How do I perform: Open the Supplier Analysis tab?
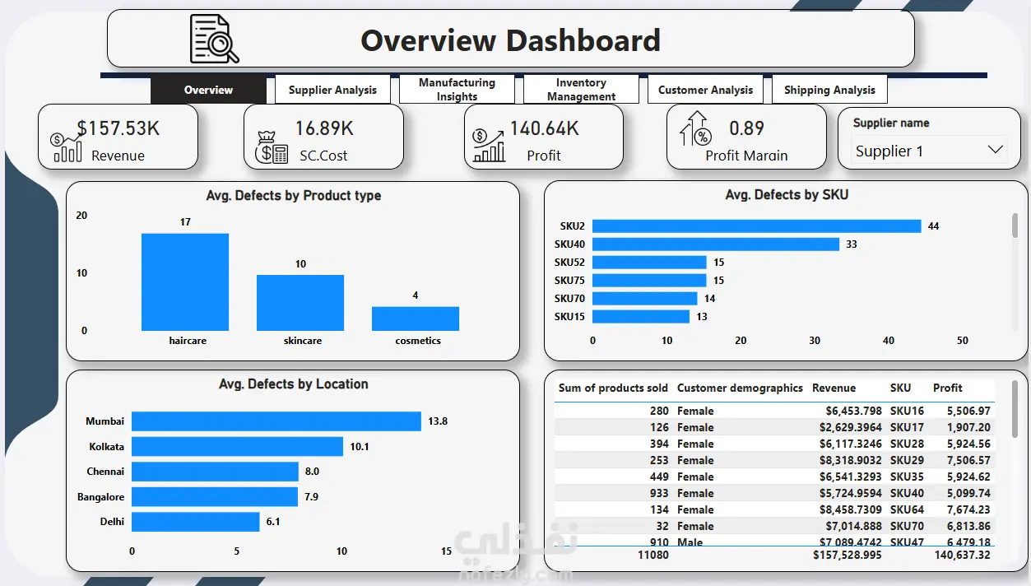tap(332, 90)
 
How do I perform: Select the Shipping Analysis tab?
tap(829, 90)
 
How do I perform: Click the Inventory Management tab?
tap(581, 90)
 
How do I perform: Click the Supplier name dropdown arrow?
tap(995, 150)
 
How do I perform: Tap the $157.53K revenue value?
tap(118, 128)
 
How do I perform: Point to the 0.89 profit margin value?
tap(746, 128)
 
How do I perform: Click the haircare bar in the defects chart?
tap(185, 281)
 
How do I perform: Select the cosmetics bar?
tap(416, 319)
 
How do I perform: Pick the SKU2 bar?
tap(757, 226)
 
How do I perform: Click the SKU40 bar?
tap(716, 244)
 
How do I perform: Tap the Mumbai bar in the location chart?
tap(276, 421)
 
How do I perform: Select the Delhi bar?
tap(196, 522)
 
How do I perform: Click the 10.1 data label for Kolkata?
tap(359, 447)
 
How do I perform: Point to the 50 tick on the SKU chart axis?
tap(963, 341)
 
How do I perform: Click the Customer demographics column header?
tap(740, 388)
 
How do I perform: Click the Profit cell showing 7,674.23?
tap(968, 509)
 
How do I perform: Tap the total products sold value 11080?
tap(653, 556)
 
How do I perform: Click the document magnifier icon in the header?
tap(215, 39)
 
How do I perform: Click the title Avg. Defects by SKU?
tap(787, 195)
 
